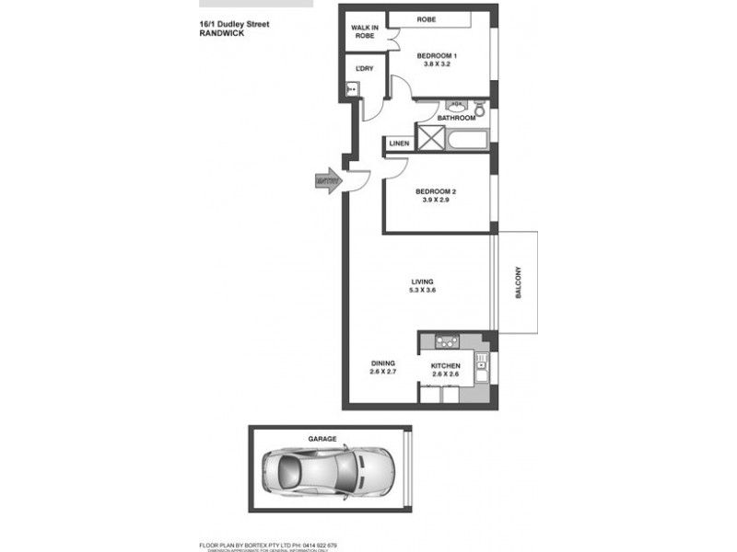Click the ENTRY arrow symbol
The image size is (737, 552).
pos(327,180)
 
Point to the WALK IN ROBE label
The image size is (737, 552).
pos(363,31)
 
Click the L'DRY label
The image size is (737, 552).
pos(363,68)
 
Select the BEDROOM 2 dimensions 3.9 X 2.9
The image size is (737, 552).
pos(437,201)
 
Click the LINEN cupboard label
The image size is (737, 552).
pos(399,144)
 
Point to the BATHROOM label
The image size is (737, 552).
pos(456,118)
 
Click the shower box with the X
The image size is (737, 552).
pos(430,139)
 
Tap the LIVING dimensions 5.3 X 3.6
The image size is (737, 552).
pos(423,290)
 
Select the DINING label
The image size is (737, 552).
pos(382,363)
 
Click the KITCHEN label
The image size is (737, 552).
pos(446,366)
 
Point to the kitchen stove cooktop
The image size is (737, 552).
pos(447,342)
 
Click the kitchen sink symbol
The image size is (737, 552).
pos(481,367)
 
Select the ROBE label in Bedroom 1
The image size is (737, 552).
pos(426,19)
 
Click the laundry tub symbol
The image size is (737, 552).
pos(352,89)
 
